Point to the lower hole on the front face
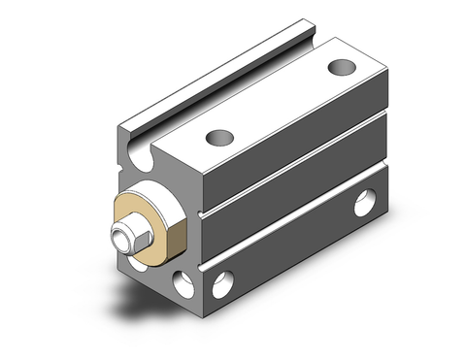182,281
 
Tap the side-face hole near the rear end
364,205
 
